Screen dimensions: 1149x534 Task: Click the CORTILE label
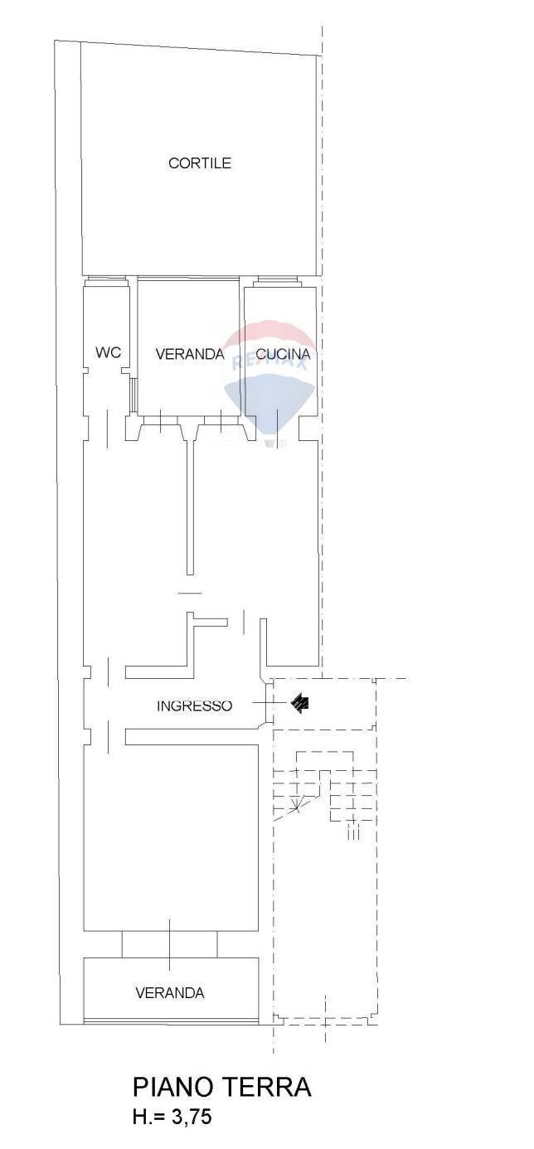tap(199, 163)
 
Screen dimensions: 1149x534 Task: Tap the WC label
tap(108, 352)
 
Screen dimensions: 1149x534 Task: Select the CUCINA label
tap(283, 355)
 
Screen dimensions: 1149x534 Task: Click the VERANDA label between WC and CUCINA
tap(190, 354)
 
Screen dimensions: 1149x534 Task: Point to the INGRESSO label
tap(194, 706)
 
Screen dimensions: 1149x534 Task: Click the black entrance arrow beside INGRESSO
tap(301, 704)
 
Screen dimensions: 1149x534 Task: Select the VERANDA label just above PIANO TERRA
tap(170, 992)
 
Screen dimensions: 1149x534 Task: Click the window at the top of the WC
tap(104, 280)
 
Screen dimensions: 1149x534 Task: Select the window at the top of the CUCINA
tap(279, 280)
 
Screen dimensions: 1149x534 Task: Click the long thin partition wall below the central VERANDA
tap(190, 506)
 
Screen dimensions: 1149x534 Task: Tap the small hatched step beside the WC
tap(133, 395)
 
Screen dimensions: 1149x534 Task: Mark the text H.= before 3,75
tap(148, 1117)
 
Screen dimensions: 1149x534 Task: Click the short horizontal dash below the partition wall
tap(190, 592)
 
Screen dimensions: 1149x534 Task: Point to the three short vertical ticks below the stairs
tap(353, 830)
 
